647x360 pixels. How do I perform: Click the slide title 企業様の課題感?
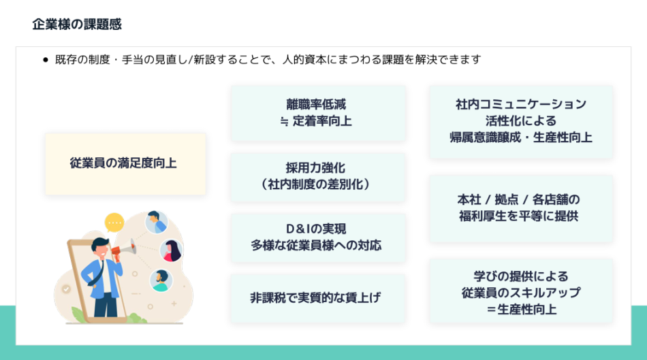tap(77, 24)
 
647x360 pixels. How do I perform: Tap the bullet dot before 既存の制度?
tap(46, 60)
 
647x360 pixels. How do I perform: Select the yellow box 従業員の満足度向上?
tap(125, 163)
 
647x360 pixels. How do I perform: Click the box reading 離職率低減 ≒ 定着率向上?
tap(318, 113)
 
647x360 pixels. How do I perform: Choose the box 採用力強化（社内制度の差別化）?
tap(318, 176)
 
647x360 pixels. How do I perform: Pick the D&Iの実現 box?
tap(318, 237)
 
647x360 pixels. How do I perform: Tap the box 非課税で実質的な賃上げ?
tap(318, 297)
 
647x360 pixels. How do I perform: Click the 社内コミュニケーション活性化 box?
tap(520, 121)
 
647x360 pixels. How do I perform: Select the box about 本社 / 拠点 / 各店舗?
tap(520, 208)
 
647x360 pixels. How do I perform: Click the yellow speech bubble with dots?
tap(114, 222)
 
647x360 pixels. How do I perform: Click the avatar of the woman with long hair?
tap(170, 250)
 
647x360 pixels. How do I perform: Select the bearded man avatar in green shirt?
tap(161, 280)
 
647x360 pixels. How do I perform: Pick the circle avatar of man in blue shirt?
tap(157, 222)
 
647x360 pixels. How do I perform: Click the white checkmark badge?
tap(66, 289)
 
